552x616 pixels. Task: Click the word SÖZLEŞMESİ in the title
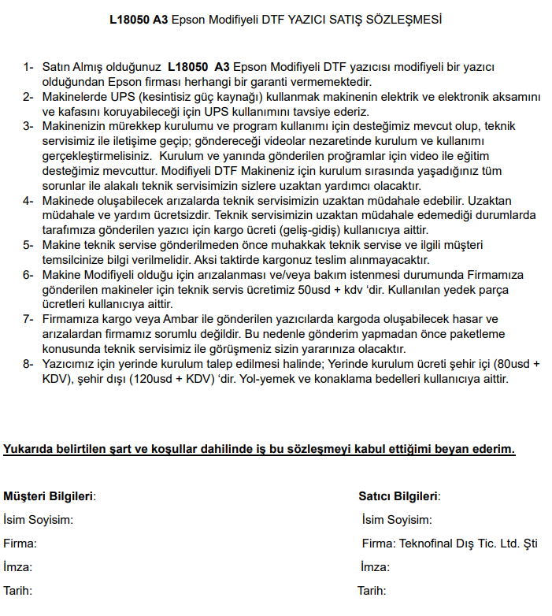click(406, 19)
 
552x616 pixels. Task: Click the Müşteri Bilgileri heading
click(49, 496)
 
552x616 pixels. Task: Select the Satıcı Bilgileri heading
click(398, 496)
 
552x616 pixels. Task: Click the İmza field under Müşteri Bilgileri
click(18, 567)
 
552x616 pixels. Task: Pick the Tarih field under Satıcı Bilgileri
click(372, 591)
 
